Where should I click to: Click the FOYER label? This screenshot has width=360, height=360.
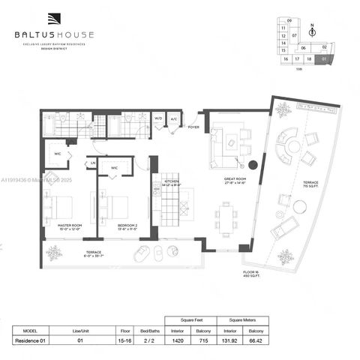point(193,127)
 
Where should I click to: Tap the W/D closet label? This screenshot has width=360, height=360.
point(159,118)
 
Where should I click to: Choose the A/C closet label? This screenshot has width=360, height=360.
point(174,118)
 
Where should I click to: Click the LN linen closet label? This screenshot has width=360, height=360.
point(93,163)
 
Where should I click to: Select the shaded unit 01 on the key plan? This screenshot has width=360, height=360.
point(323,57)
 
